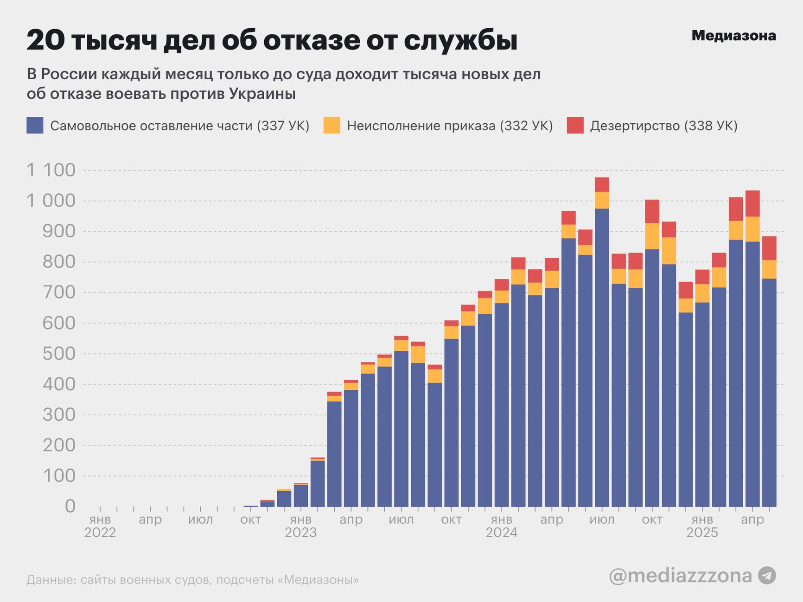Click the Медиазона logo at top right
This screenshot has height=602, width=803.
733,36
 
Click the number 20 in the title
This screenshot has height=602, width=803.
46,41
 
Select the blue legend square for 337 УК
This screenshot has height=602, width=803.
35,125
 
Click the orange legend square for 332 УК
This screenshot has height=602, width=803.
331,125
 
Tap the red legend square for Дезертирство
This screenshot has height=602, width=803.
575,125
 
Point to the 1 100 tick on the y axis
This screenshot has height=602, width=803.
51,170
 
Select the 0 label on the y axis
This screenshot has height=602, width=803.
70,506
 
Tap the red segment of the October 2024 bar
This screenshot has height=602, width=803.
652,211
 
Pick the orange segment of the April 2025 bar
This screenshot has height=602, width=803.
752,229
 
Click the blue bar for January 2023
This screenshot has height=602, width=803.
301,495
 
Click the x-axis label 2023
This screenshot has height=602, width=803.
300,533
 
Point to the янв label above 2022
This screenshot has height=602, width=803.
100,520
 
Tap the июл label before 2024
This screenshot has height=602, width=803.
401,520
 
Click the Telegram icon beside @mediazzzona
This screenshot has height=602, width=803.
767,576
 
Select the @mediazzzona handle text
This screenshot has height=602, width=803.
680,576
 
